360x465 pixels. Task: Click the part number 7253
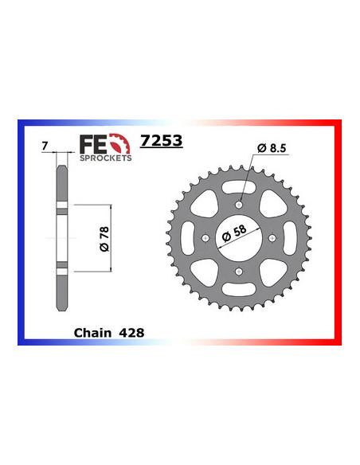161,142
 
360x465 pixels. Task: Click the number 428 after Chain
131,333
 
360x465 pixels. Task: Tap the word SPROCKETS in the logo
104,158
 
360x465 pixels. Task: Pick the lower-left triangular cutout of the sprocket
209,269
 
